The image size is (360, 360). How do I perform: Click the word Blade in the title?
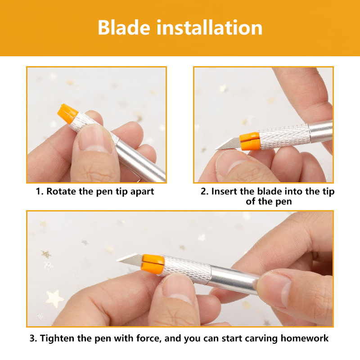124,27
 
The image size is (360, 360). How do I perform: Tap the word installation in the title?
210,27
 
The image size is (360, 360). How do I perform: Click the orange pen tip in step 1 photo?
67,114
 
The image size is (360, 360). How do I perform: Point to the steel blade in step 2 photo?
228,144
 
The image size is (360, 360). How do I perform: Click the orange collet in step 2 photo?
250,141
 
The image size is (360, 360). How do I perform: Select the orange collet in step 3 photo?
153,264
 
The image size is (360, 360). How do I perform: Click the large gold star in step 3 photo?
54,298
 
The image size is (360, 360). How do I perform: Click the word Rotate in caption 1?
61,191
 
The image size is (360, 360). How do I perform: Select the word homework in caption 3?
305,338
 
